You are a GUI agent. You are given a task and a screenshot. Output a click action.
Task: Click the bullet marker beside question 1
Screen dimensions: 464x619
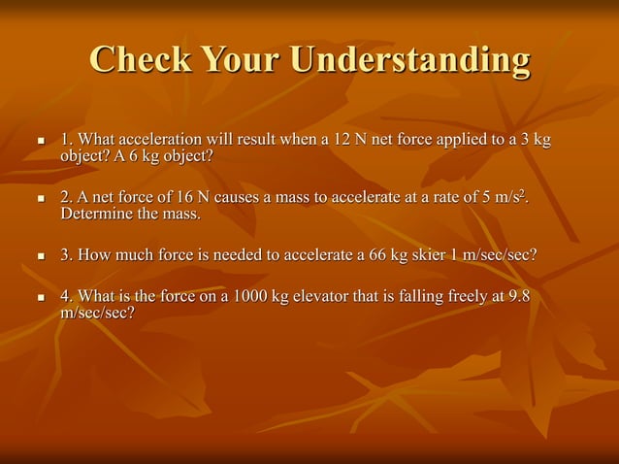pos(40,142)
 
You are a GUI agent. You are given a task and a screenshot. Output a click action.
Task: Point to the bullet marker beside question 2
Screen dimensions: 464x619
pos(40,199)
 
